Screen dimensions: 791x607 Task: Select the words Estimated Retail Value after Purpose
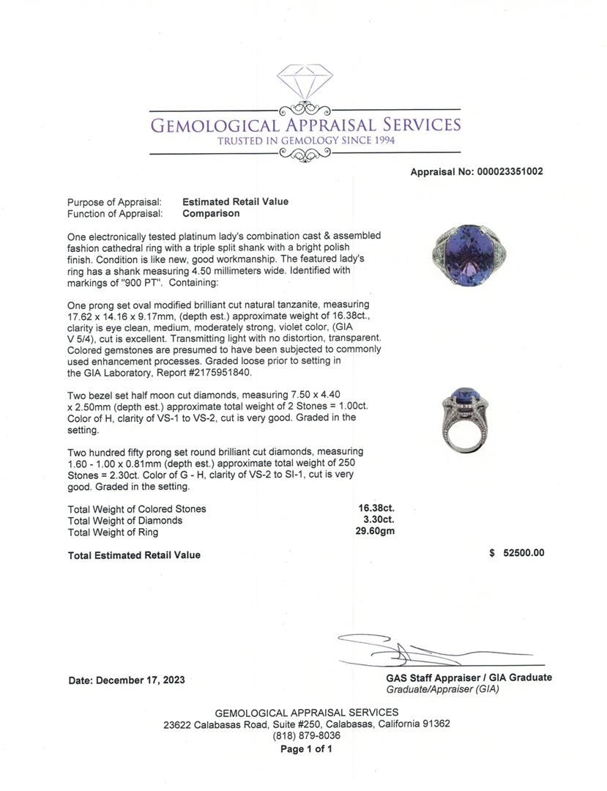click(235, 202)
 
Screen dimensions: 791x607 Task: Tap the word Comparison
click(211, 214)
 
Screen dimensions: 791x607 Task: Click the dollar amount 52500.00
click(523, 554)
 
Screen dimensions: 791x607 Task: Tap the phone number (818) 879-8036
click(306, 735)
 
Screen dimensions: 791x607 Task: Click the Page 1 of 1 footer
click(306, 749)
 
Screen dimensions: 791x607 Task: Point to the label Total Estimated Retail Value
click(134, 555)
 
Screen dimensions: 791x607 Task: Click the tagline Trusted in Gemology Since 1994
click(305, 140)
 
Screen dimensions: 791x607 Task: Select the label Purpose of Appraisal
click(114, 202)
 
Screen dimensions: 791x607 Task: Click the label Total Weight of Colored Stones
click(137, 509)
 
